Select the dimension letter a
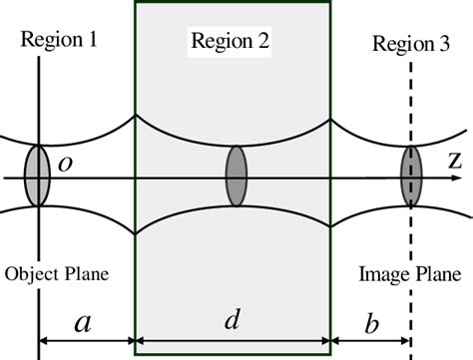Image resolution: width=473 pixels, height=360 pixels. tap(83, 322)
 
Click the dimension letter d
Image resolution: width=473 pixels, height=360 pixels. tap(232, 321)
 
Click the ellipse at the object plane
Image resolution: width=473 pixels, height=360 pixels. tap(37, 177)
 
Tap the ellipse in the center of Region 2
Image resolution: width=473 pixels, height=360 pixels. tap(236, 177)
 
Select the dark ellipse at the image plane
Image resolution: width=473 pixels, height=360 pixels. tap(411, 177)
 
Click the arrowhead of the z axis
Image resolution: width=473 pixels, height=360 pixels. tap(465, 178)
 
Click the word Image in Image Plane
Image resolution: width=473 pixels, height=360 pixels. tap(382, 271)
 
